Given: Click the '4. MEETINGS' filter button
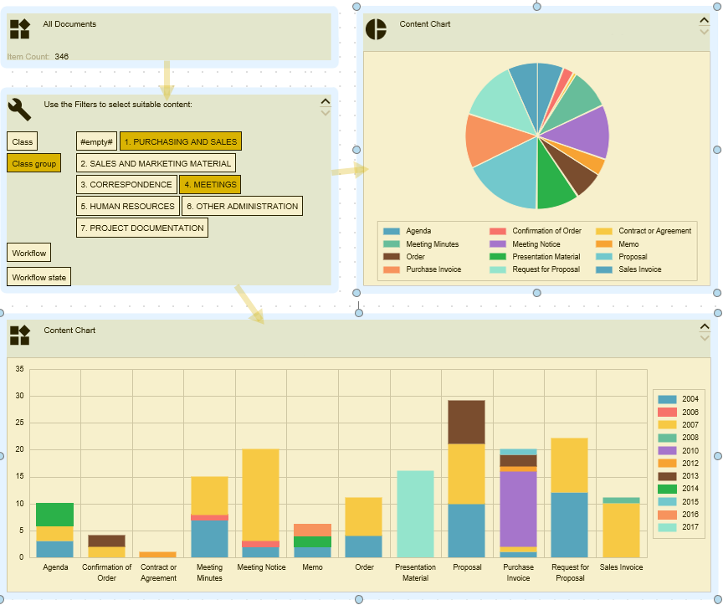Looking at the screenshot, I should tap(209, 184).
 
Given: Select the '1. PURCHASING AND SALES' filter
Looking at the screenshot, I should tap(180, 141).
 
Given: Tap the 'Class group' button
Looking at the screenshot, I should tap(34, 163).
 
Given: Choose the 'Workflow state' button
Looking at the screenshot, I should tap(38, 276).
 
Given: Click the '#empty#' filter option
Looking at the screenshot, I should tap(96, 141).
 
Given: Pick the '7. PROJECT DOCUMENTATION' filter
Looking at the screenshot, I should tap(141, 228).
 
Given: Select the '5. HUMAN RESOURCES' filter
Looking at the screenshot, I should tap(127, 206).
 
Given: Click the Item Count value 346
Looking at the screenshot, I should tap(62, 57).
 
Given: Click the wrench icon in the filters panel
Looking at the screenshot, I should tap(20, 109).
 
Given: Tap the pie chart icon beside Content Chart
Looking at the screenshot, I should tap(376, 28).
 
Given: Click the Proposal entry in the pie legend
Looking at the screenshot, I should tap(633, 257).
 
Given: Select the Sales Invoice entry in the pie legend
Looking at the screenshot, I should tap(639, 269).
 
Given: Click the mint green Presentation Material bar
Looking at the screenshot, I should tap(415, 514).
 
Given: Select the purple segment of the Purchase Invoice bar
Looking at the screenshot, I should tap(519, 509).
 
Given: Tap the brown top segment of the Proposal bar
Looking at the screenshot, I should tap(467, 422).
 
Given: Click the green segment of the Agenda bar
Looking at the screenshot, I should tap(54, 515).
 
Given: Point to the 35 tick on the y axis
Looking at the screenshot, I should tap(19, 368).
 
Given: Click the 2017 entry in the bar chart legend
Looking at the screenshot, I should tap(690, 527).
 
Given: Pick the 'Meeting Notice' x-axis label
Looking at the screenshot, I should tap(261, 567).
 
